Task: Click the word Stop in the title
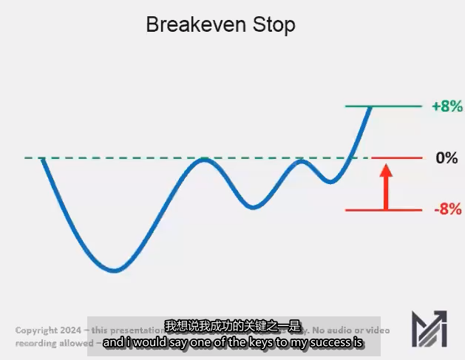click(273, 24)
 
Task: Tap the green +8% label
click(447, 106)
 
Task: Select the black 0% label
click(447, 158)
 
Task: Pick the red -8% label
click(447, 209)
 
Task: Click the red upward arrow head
click(384, 172)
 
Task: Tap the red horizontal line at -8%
click(384, 210)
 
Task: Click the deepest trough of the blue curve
click(113, 271)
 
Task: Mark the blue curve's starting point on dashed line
click(43, 158)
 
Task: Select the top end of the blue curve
click(370, 108)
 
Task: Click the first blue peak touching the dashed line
click(206, 160)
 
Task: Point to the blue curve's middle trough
click(254, 207)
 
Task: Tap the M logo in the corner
click(430, 328)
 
